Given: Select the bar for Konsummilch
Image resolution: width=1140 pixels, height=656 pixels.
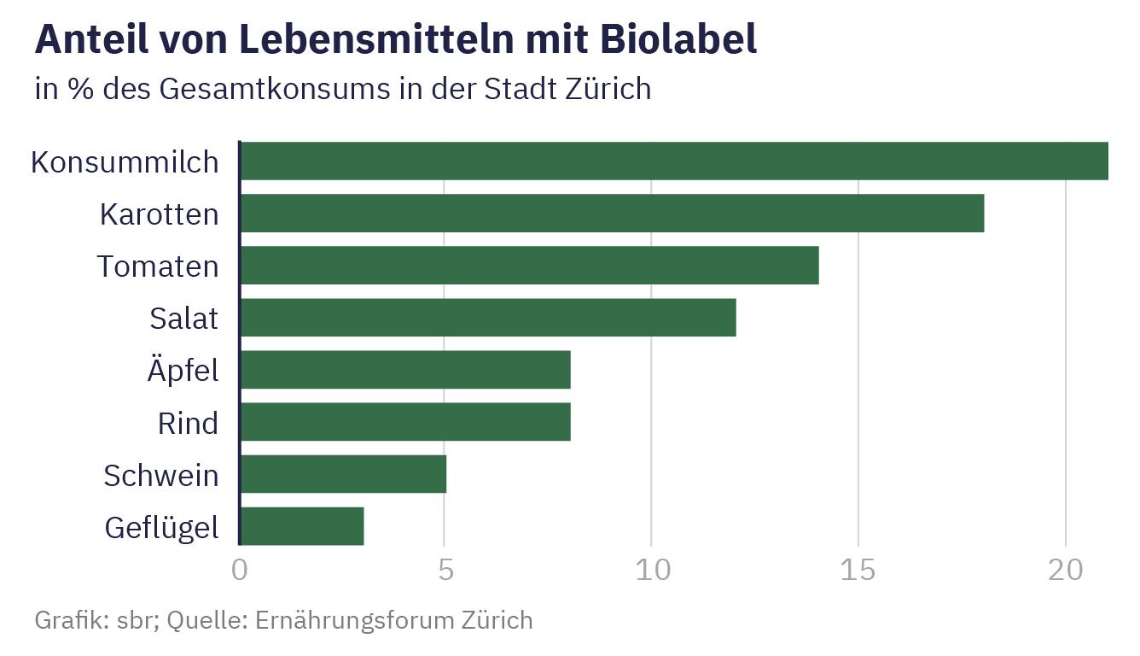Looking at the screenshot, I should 674,161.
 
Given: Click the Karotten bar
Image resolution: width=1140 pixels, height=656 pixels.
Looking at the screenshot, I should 612,214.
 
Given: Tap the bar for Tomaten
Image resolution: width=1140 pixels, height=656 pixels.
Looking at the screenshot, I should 529,266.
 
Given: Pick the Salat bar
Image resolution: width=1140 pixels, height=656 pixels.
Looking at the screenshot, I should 488,318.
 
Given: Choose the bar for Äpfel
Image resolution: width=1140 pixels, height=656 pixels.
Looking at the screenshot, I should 405,370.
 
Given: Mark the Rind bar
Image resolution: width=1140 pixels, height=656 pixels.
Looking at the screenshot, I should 405,423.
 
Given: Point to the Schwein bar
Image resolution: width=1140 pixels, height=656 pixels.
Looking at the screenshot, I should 343,475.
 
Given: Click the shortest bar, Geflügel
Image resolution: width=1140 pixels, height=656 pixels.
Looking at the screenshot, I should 302,527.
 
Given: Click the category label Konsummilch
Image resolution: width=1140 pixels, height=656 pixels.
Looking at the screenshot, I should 125,162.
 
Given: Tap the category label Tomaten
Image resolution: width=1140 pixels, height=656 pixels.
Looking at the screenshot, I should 158,266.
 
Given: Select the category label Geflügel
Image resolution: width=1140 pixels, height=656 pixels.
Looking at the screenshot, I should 161,528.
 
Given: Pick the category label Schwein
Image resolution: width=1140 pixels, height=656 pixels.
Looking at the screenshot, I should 161,476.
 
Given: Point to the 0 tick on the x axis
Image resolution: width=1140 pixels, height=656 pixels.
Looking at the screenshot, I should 240,571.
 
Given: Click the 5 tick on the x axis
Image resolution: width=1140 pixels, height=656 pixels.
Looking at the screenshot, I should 445,571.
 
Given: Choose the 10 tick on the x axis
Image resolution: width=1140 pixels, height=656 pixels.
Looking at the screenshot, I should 652,571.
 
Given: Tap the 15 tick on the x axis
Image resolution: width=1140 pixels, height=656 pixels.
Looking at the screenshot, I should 858,571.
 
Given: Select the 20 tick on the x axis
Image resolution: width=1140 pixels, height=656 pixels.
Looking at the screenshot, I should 1065,571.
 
